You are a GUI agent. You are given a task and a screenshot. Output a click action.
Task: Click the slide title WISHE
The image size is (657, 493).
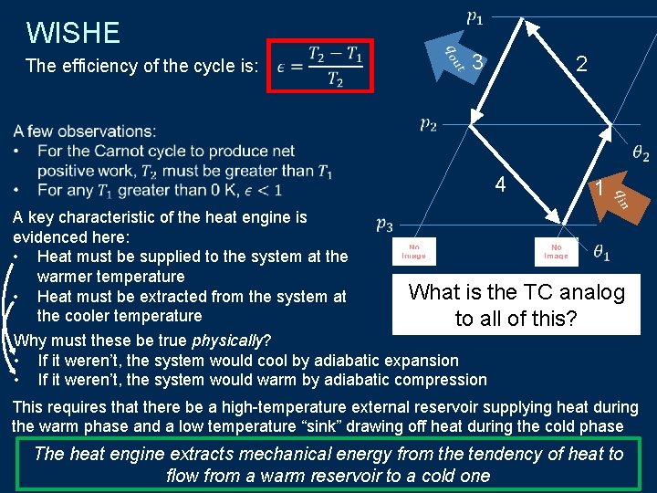pos(73,33)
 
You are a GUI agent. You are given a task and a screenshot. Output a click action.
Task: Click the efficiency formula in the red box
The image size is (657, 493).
pos(321,66)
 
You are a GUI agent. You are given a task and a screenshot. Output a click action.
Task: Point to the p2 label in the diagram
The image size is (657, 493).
pos(427,124)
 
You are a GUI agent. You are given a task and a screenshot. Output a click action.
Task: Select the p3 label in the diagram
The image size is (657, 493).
pos(384,224)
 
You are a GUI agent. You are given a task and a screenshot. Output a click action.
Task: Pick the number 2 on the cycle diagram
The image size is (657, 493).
pos(581,62)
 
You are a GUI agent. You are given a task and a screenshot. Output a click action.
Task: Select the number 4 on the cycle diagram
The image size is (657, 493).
pos(500,184)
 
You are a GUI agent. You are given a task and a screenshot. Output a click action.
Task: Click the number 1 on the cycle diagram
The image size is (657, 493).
pos(599,188)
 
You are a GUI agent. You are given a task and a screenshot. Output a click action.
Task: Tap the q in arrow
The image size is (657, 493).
pos(618,196)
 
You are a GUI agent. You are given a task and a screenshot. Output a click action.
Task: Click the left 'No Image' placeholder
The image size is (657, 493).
pos(413,250)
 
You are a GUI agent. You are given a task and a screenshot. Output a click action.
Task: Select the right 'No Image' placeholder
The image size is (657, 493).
pos(556,250)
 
